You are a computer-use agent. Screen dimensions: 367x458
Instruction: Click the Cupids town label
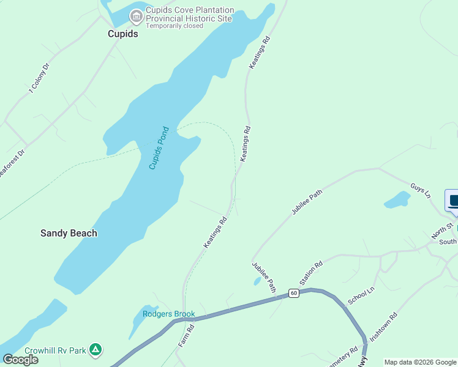pos(123,34)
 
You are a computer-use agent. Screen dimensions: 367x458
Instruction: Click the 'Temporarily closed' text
pos(174,26)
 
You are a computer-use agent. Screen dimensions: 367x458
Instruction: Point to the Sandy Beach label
pos(69,233)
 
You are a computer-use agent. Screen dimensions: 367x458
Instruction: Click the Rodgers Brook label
pos(168,314)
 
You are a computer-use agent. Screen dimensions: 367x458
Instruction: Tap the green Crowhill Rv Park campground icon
pos(95,350)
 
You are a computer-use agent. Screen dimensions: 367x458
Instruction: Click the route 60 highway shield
pos(294,294)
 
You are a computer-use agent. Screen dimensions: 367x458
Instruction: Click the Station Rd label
pos(311,274)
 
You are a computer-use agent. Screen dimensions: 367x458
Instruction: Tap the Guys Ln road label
pos(421,190)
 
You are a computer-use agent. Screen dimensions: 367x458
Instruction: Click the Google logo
pos(21,359)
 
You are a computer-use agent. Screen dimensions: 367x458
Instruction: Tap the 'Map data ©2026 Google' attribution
pos(420,362)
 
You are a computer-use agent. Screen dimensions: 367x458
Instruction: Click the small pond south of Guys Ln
pos(397,199)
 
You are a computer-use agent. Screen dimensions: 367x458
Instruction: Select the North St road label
pos(441,231)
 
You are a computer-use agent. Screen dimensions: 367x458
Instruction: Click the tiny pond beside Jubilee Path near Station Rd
pos(256,281)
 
